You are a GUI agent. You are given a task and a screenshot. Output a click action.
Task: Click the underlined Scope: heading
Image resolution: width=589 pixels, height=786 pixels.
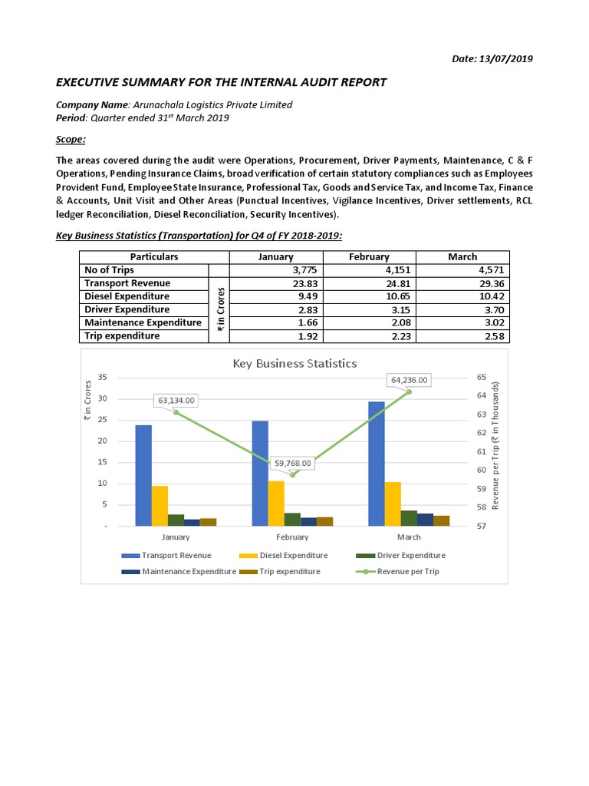(71, 139)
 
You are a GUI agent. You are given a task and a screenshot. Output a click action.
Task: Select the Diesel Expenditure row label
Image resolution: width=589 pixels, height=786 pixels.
(127, 296)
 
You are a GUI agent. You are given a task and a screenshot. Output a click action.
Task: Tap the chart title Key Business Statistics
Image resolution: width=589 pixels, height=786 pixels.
(294, 363)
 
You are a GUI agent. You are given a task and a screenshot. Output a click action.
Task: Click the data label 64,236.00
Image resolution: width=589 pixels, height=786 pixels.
(410, 379)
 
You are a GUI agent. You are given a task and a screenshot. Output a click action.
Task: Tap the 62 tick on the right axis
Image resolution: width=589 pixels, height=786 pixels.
(481, 433)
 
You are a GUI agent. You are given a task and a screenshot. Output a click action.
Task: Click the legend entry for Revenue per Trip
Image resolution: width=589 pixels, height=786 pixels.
(407, 571)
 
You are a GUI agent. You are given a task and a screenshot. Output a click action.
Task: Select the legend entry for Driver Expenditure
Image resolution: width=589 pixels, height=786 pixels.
(410, 555)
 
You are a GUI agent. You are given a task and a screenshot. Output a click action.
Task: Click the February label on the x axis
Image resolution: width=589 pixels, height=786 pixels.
(292, 538)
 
